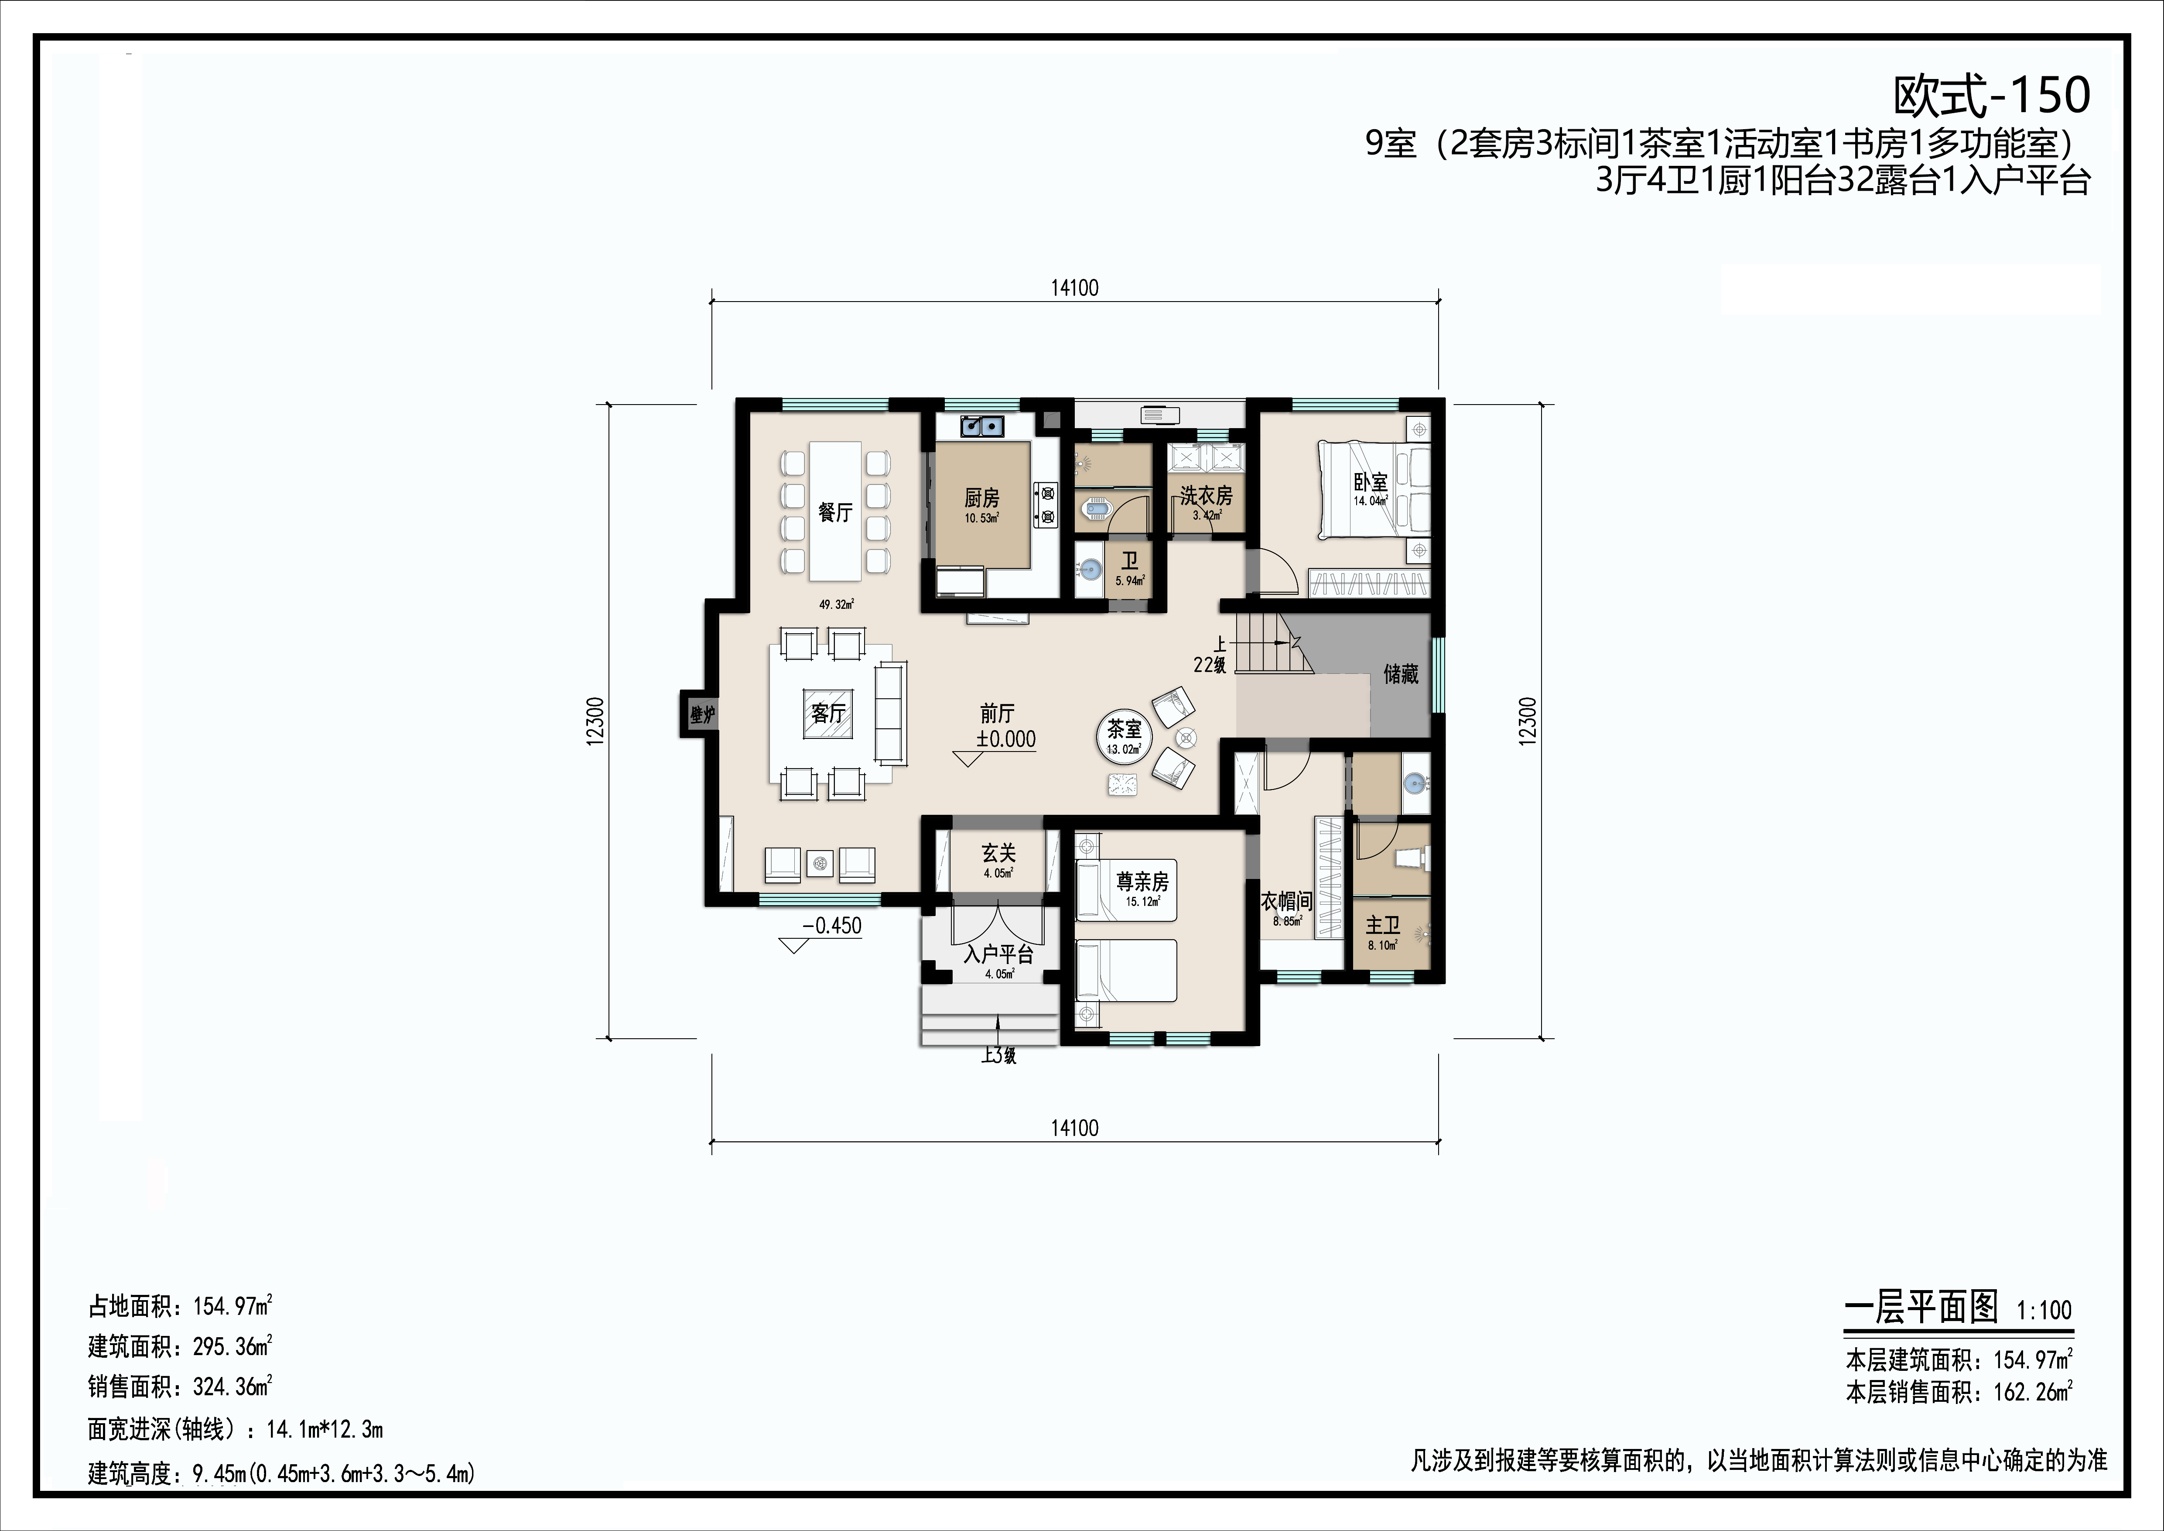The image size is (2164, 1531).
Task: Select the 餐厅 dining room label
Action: (x=835, y=512)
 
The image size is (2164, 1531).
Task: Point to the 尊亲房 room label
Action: (x=1142, y=882)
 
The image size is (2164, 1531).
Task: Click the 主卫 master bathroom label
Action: (x=1383, y=926)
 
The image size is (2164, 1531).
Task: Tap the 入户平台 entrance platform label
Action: (x=999, y=954)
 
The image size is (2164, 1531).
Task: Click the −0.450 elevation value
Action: (x=832, y=926)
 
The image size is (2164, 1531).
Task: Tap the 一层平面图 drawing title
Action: (x=1921, y=1308)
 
